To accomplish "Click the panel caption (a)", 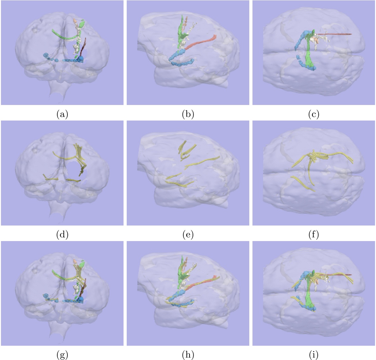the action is pos(62,114).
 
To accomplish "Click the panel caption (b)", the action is pos(188,114).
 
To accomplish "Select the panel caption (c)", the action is pos(314,114).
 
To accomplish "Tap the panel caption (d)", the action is pos(62,234).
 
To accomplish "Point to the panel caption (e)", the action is pos(188,234).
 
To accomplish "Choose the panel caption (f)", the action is pos(314,234).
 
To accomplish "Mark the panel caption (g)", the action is pos(62,355).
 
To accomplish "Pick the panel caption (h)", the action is pos(188,355).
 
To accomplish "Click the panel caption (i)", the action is pos(314,355).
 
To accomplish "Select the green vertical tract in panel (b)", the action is pos(182,36).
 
